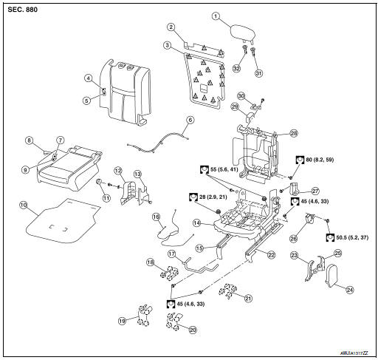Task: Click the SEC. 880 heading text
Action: tap(22, 10)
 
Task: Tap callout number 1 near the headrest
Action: tap(216, 16)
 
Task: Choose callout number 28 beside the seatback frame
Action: tap(293, 133)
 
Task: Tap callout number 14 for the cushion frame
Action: tap(197, 223)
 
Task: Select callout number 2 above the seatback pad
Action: tap(171, 28)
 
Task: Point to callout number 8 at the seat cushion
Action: tap(29, 140)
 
